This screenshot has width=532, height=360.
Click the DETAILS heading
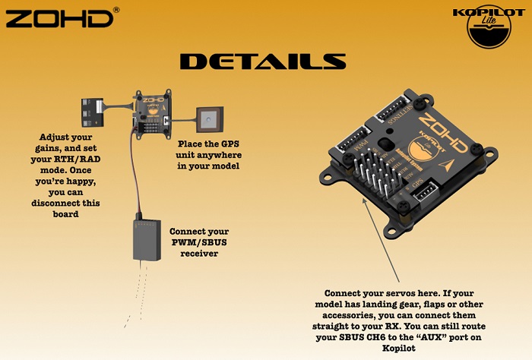click(262, 61)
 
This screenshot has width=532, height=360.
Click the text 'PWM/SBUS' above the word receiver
click(198, 242)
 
